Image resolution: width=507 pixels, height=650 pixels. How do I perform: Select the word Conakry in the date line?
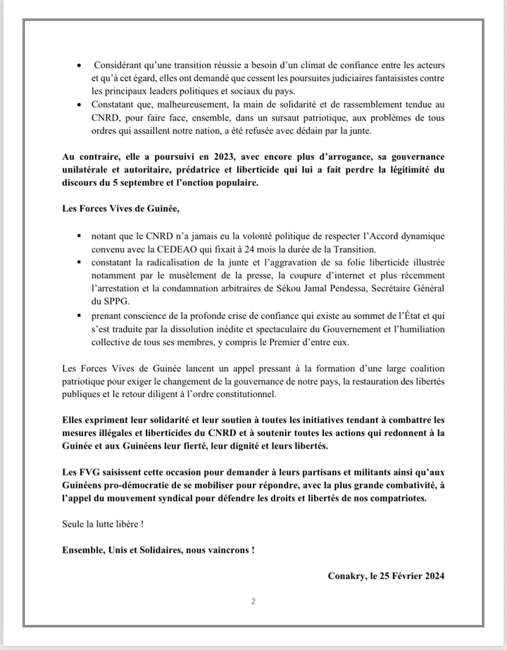click(x=347, y=575)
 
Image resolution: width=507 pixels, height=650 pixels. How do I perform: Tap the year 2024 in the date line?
click(x=430, y=575)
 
